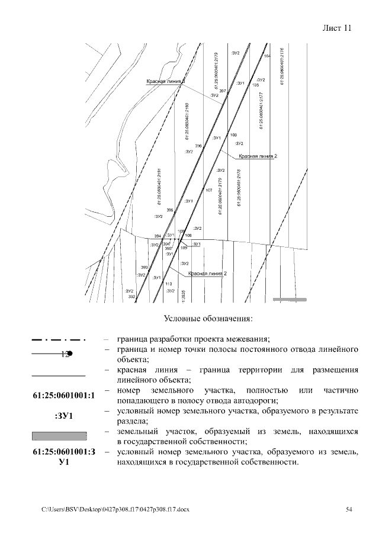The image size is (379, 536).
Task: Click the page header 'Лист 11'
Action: [338, 28]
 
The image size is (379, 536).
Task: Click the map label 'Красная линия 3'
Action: [166, 81]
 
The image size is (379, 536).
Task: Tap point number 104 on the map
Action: [267, 56]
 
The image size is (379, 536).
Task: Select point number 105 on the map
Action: [255, 85]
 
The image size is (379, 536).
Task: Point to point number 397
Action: [222, 91]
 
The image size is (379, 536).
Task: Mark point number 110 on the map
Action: [168, 284]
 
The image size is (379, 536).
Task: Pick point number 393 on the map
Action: [144, 268]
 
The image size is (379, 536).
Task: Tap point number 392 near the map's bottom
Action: [131, 296]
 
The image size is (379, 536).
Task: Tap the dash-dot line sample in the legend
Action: [59, 340]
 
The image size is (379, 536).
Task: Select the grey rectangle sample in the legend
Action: [59, 435]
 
